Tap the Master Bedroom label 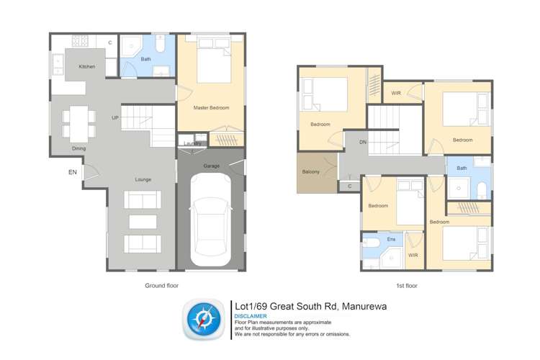pos(211,108)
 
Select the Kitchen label pos(87,67)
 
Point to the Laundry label pos(192,143)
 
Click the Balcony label pos(312,173)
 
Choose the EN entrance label pos(72,172)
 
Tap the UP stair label pos(114,117)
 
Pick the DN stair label pos(363,143)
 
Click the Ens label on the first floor pos(392,238)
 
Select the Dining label pos(78,148)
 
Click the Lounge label pos(143,179)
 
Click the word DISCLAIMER pos(251,316)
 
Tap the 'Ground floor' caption pos(161,286)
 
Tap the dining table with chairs pos(79,122)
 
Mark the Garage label pos(211,166)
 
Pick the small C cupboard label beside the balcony pos(349,186)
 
